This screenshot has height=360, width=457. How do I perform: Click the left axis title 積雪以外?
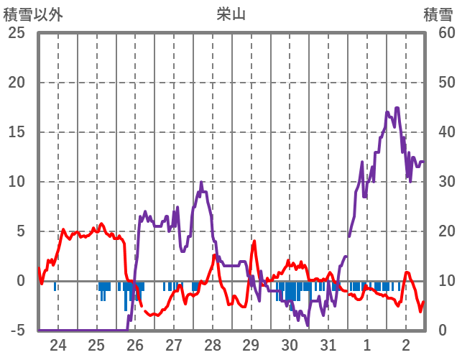[33, 14]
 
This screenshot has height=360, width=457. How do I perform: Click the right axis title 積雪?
[438, 14]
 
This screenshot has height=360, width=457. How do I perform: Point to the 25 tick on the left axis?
[17, 33]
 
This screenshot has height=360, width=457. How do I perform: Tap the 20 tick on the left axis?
[17, 83]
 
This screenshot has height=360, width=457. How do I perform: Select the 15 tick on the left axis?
[17, 132]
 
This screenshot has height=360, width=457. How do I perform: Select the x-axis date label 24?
[58, 344]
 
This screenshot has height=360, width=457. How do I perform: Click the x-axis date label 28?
[213, 344]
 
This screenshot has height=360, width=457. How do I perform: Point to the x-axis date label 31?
[328, 344]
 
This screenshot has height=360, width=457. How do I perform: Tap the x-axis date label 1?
[367, 344]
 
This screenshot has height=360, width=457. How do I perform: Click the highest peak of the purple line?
[397, 108]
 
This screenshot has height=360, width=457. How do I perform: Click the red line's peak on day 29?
[254, 241]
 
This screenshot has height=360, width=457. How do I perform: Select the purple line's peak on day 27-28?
[201, 182]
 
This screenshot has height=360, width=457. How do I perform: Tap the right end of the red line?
[424, 302]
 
